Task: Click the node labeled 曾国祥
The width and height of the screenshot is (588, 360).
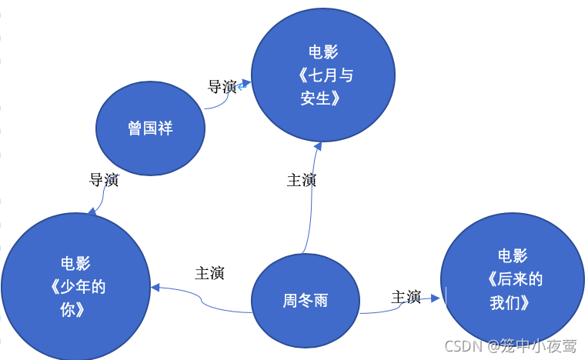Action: point(151,128)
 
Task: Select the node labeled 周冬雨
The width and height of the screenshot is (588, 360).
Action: point(306,300)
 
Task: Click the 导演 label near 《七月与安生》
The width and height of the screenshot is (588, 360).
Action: point(222,86)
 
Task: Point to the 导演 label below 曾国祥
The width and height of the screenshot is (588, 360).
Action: point(104,180)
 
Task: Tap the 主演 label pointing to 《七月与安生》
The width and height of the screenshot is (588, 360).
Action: point(301,180)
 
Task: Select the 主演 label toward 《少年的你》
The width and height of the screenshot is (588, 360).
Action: point(209,273)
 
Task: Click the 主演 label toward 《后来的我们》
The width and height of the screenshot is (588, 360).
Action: point(406,297)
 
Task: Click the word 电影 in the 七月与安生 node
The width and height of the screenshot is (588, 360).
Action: point(323,52)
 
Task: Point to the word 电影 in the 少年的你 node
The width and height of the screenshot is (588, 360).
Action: point(75,264)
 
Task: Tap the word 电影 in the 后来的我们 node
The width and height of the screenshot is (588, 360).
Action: point(513,256)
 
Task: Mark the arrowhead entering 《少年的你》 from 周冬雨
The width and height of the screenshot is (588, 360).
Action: point(155,288)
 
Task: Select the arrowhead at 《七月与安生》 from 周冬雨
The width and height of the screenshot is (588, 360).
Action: point(317,147)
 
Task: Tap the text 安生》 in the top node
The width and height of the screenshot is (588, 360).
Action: point(320,98)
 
